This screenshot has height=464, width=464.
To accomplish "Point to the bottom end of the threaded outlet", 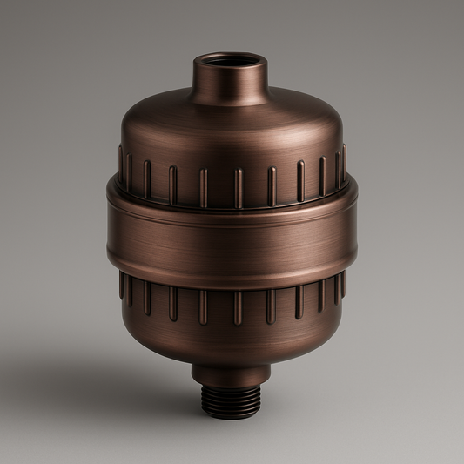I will tap(231, 415).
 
